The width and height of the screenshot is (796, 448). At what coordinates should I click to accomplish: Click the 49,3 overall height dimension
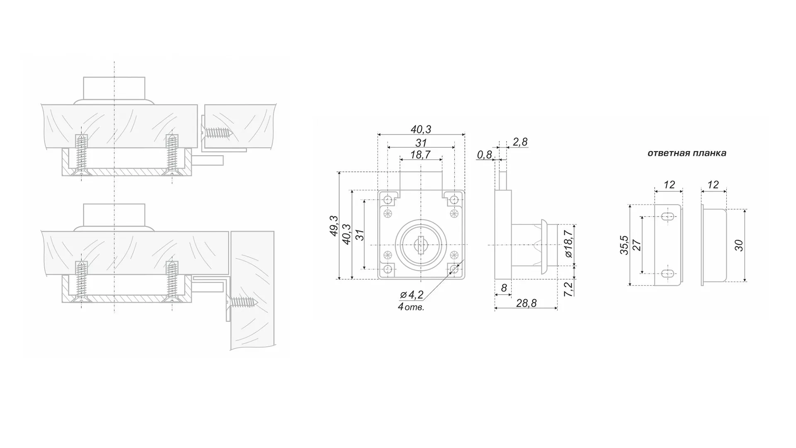pos(334,226)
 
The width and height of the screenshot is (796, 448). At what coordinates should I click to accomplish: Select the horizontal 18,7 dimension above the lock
pos(420,155)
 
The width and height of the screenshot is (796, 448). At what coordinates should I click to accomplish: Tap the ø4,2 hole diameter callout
pos(411,295)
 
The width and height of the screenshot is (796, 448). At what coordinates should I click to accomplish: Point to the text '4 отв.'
pos(411,307)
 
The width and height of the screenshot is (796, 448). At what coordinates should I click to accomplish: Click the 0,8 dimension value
pos(484,155)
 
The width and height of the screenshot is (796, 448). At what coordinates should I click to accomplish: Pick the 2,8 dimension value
pos(520,142)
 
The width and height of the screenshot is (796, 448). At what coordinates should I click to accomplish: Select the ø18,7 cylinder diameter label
pos(568,243)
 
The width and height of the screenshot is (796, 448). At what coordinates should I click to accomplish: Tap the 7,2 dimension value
pos(569,289)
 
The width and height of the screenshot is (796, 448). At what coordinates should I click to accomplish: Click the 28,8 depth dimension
pos(526,303)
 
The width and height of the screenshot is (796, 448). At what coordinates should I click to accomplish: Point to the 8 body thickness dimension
pos(504,287)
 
